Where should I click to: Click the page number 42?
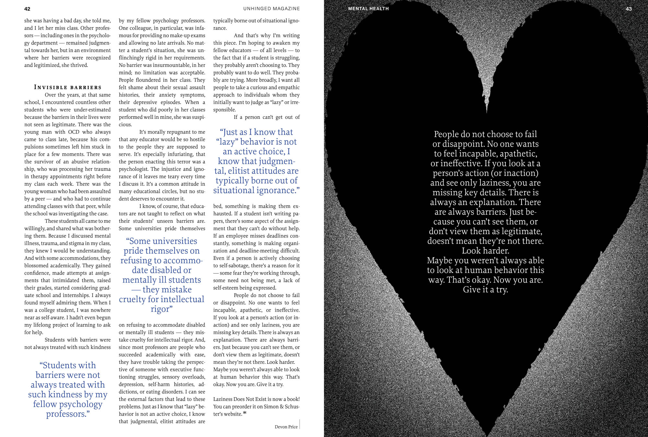(x=27, y=9)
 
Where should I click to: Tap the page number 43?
(x=629, y=9)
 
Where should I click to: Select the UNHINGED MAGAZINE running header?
(x=272, y=9)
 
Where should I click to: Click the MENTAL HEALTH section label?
(x=368, y=9)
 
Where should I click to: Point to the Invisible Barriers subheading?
(x=68, y=87)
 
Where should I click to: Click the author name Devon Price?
(x=286, y=427)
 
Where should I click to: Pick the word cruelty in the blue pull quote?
(x=132, y=299)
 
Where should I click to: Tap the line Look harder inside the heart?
(x=485, y=251)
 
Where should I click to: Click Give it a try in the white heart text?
(x=485, y=290)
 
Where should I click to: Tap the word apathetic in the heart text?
(x=515, y=154)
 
